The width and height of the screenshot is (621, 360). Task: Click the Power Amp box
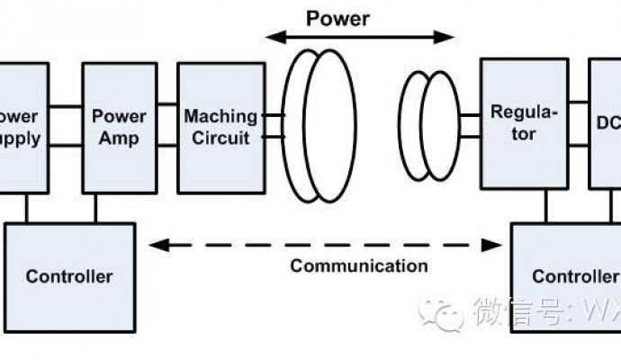tap(120, 127)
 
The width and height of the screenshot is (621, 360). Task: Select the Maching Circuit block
tap(220, 127)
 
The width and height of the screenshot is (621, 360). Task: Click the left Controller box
tap(68, 275)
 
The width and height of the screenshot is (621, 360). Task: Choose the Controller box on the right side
tap(566, 275)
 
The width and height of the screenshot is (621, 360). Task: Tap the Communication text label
tap(359, 265)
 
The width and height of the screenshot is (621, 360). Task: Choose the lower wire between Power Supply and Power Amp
tap(65, 145)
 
